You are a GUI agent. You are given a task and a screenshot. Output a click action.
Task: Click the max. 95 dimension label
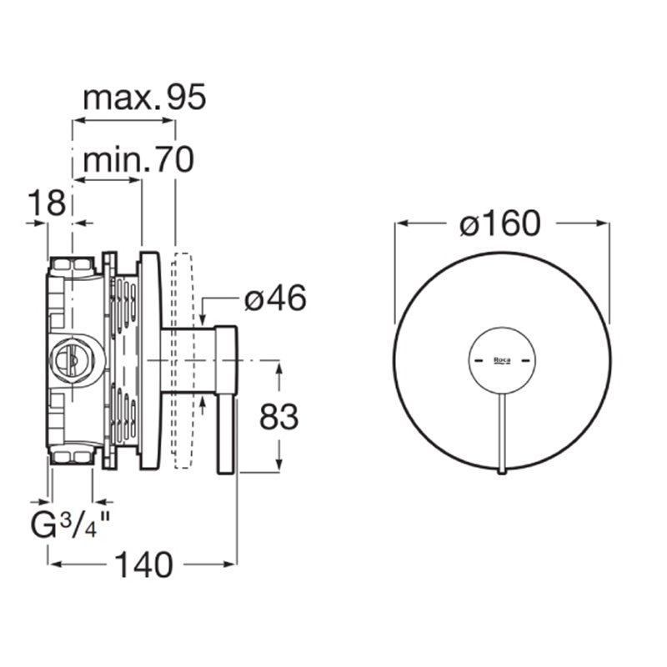pos(144,98)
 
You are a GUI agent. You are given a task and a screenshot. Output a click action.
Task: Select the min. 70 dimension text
pos(138,160)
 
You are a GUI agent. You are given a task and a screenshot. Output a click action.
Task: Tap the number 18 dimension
pos(47,203)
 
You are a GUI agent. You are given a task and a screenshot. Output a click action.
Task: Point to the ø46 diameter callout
pos(275,298)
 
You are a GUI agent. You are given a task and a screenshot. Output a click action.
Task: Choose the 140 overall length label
pos(144,564)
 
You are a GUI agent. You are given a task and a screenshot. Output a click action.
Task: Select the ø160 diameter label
pos(500,223)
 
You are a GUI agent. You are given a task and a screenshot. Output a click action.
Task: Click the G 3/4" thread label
pos(70,524)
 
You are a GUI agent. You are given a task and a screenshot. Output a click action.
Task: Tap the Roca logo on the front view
pos(502,360)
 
